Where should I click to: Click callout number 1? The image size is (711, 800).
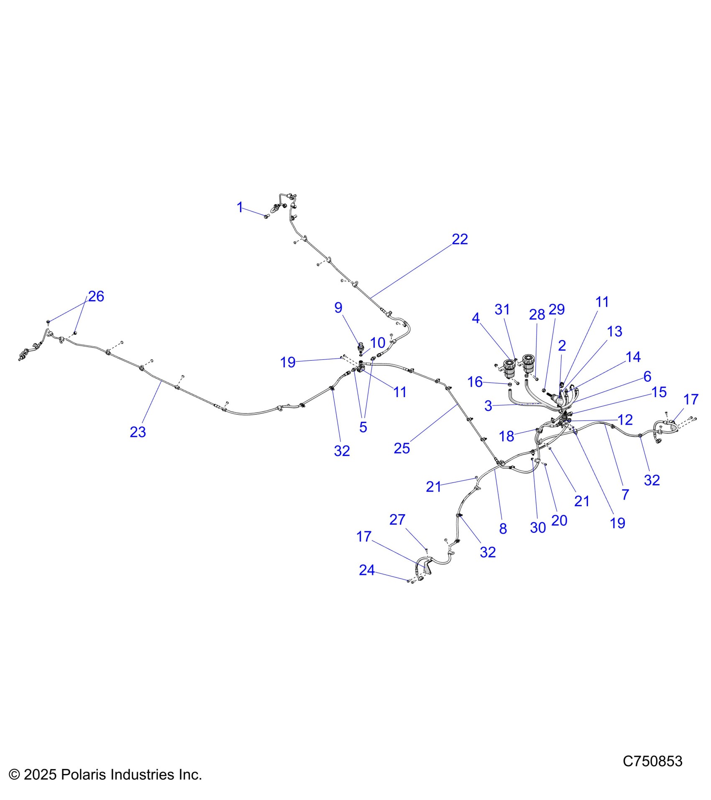240,207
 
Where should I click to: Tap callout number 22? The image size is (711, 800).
460,239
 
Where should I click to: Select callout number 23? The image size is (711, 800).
138,432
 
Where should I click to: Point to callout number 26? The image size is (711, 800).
96,296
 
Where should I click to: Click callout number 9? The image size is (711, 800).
338,308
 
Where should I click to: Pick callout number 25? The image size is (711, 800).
402,448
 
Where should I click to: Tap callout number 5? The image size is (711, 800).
363,427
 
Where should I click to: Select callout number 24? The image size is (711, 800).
366,570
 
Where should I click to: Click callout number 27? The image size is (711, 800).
397,520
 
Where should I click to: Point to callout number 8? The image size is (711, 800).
503,528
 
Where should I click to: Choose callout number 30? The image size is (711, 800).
538,528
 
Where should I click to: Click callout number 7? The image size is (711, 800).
625,495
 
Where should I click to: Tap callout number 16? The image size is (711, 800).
475,382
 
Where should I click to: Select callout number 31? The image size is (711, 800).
502,310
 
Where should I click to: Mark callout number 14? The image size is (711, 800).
633,357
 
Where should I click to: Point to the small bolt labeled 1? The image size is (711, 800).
266,216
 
